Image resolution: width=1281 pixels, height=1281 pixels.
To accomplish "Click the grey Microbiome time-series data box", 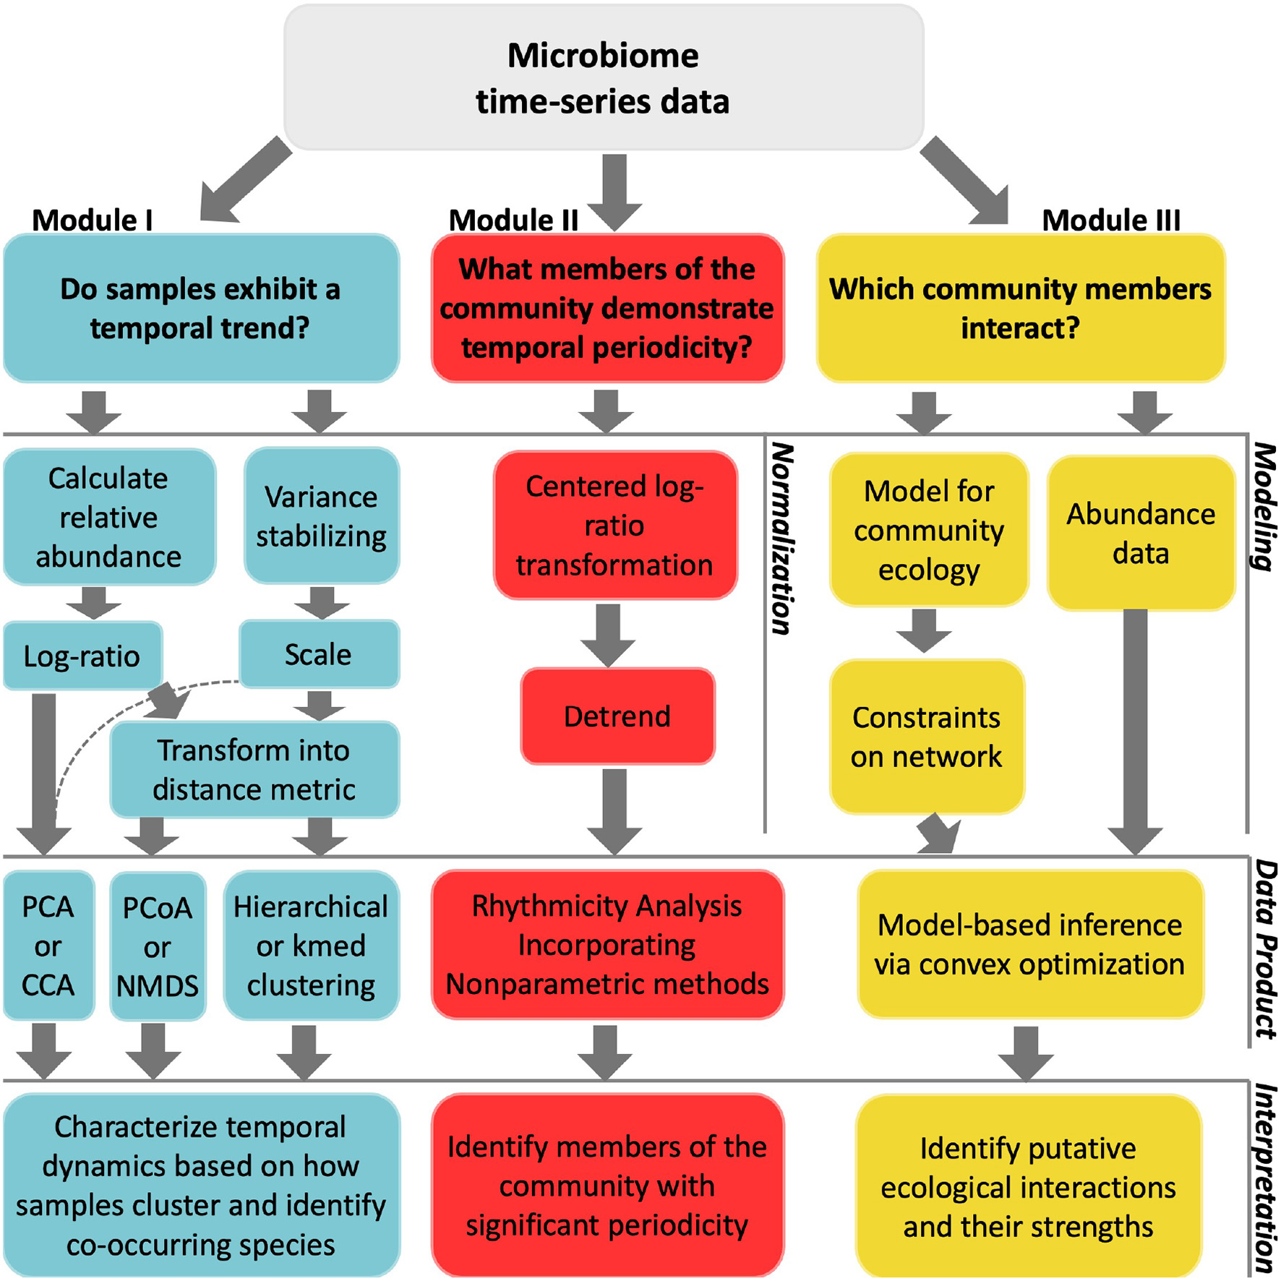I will (604, 77).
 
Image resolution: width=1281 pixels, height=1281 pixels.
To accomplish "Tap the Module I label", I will (93, 220).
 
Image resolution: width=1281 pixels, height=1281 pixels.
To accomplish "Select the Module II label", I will (513, 220).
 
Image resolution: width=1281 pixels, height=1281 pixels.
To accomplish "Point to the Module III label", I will (1110, 220).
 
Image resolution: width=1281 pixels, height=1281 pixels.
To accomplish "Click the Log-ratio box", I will (82, 656).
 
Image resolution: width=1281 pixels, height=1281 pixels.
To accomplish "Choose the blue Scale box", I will (319, 654).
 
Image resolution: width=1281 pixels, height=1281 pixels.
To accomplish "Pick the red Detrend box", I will (617, 716).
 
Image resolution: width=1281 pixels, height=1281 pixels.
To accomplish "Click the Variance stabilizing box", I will (322, 516).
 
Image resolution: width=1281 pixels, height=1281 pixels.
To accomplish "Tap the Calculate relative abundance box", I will (109, 517).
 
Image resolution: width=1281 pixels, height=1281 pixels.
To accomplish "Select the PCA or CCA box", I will (48, 945).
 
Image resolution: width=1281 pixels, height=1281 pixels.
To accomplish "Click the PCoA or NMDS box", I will (158, 946).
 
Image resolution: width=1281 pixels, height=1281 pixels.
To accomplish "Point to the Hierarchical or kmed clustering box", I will (311, 945).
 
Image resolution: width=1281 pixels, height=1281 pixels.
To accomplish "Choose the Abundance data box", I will (1141, 534).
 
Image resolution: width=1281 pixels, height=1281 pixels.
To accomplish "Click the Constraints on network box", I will (927, 737).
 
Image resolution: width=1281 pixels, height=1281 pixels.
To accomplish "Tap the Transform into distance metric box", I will (254, 769).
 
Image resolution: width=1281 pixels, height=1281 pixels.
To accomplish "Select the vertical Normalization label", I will (783, 539).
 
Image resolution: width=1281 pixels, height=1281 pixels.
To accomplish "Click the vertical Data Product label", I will (1265, 949).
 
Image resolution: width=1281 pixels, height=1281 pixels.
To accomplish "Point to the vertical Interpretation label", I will (1265, 1178).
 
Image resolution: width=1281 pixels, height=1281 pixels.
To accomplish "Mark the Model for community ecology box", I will (929, 530).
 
